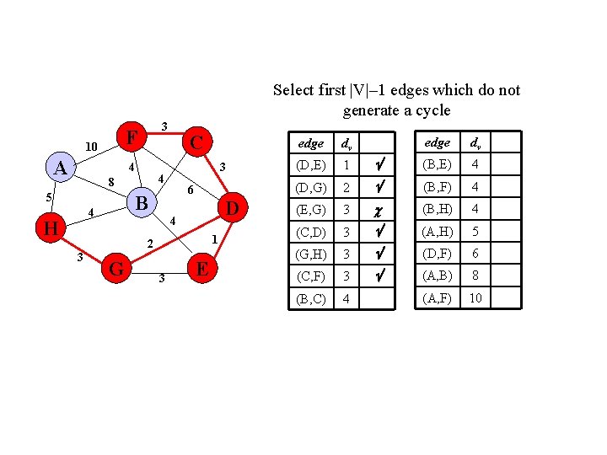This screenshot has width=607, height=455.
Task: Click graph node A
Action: [x=60, y=168]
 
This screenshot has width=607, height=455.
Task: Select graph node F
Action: [x=132, y=136]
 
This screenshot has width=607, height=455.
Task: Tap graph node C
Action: [x=196, y=142]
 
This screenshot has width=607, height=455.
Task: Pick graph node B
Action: [x=142, y=203]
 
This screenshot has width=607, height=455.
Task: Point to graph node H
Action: [x=51, y=227]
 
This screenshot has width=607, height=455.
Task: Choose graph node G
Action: [x=118, y=269]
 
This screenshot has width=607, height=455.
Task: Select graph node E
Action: [x=201, y=269]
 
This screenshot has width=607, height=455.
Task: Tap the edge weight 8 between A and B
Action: [x=110, y=181]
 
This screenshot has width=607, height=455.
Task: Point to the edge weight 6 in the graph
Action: [x=191, y=190]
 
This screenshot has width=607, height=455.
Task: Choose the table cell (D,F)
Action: [x=437, y=253]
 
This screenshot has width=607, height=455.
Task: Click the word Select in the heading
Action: [x=294, y=90]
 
